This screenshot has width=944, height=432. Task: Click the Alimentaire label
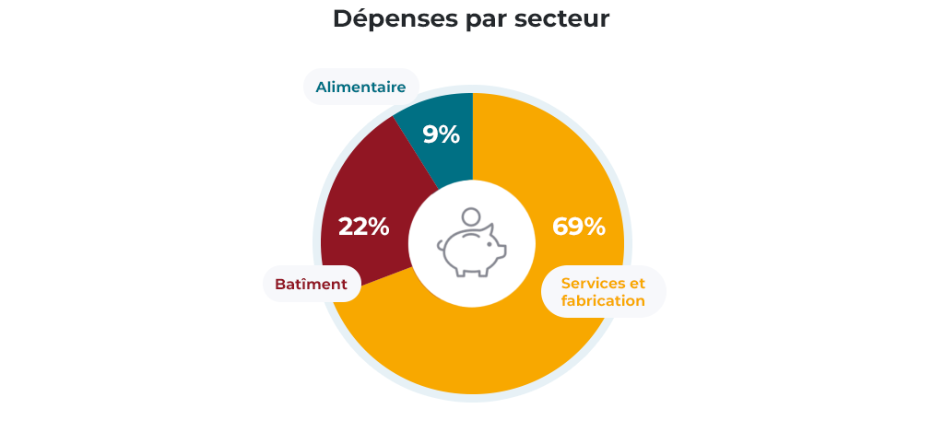click(x=360, y=88)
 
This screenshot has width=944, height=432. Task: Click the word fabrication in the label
click(x=603, y=301)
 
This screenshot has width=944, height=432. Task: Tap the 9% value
click(x=441, y=134)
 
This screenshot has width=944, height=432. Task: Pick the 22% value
click(x=363, y=227)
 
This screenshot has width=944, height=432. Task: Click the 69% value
click(x=578, y=227)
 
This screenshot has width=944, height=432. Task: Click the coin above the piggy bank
click(x=472, y=217)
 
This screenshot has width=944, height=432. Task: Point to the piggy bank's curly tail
click(x=441, y=246)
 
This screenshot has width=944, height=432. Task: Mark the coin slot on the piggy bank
click(x=470, y=236)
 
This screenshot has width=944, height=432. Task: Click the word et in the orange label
click(x=636, y=282)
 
